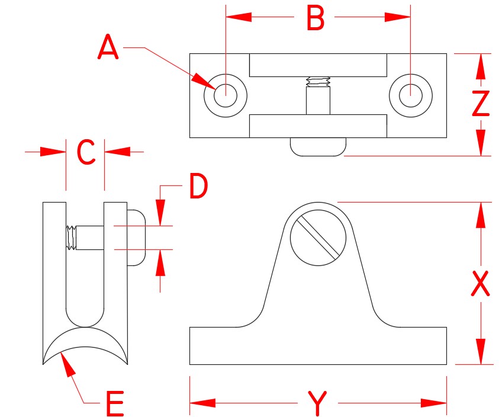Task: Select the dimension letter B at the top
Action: tap(315, 19)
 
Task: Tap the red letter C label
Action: tap(86, 153)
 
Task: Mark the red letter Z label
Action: tap(480, 104)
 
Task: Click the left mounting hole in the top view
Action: tap(225, 95)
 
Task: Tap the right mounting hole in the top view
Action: tap(411, 95)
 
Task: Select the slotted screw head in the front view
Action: tap(318, 237)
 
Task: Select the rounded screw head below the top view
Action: tap(318, 147)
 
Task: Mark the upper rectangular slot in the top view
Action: tap(318, 65)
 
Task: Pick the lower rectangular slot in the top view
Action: tap(318, 126)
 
